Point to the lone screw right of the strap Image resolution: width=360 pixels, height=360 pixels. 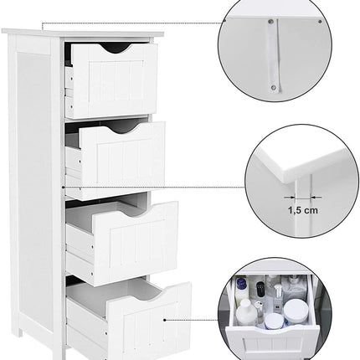click(320, 23)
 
